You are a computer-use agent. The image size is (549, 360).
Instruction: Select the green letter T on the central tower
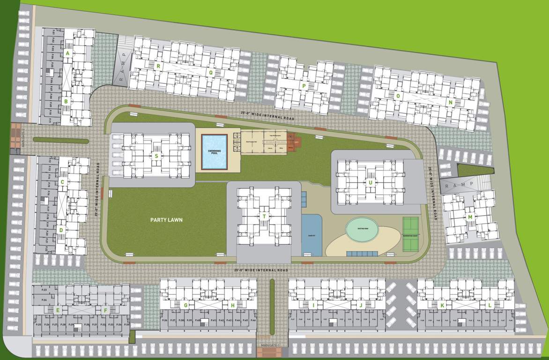click(264, 216)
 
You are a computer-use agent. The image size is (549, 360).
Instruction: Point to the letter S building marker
click(156, 156)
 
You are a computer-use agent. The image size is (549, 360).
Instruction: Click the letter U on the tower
click(370, 182)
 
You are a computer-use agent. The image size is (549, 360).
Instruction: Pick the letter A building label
click(68, 53)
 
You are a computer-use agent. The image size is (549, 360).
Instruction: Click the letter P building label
click(304, 86)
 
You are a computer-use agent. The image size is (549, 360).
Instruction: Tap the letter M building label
click(470, 217)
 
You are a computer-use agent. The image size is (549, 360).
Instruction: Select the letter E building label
click(58, 310)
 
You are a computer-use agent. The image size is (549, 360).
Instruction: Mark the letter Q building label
click(211, 72)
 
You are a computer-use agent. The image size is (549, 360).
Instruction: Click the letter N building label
click(450, 102)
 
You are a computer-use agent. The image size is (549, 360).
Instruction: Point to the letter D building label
click(61, 230)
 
